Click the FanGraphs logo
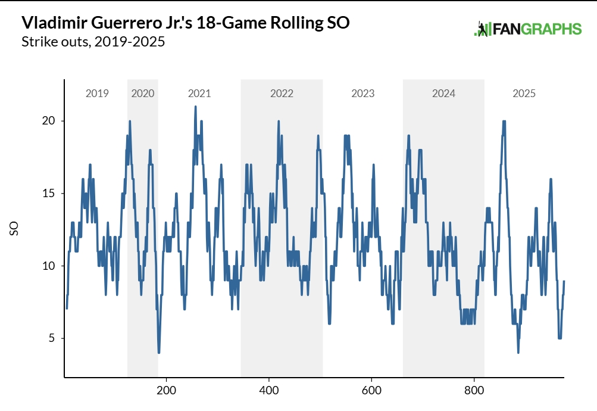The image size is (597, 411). click(527, 29)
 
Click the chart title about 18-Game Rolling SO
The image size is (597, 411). click(185, 23)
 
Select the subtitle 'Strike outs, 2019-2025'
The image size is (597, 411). click(93, 42)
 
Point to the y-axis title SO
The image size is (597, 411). click(14, 229)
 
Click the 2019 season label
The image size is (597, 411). click(97, 94)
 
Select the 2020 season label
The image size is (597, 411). click(143, 94)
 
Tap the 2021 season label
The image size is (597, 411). click(199, 94)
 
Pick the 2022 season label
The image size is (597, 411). click(282, 94)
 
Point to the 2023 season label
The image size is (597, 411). click(363, 94)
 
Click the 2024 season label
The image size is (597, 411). click(444, 94)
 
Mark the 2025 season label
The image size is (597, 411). click(524, 94)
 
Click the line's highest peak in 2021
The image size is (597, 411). click(195, 107)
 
